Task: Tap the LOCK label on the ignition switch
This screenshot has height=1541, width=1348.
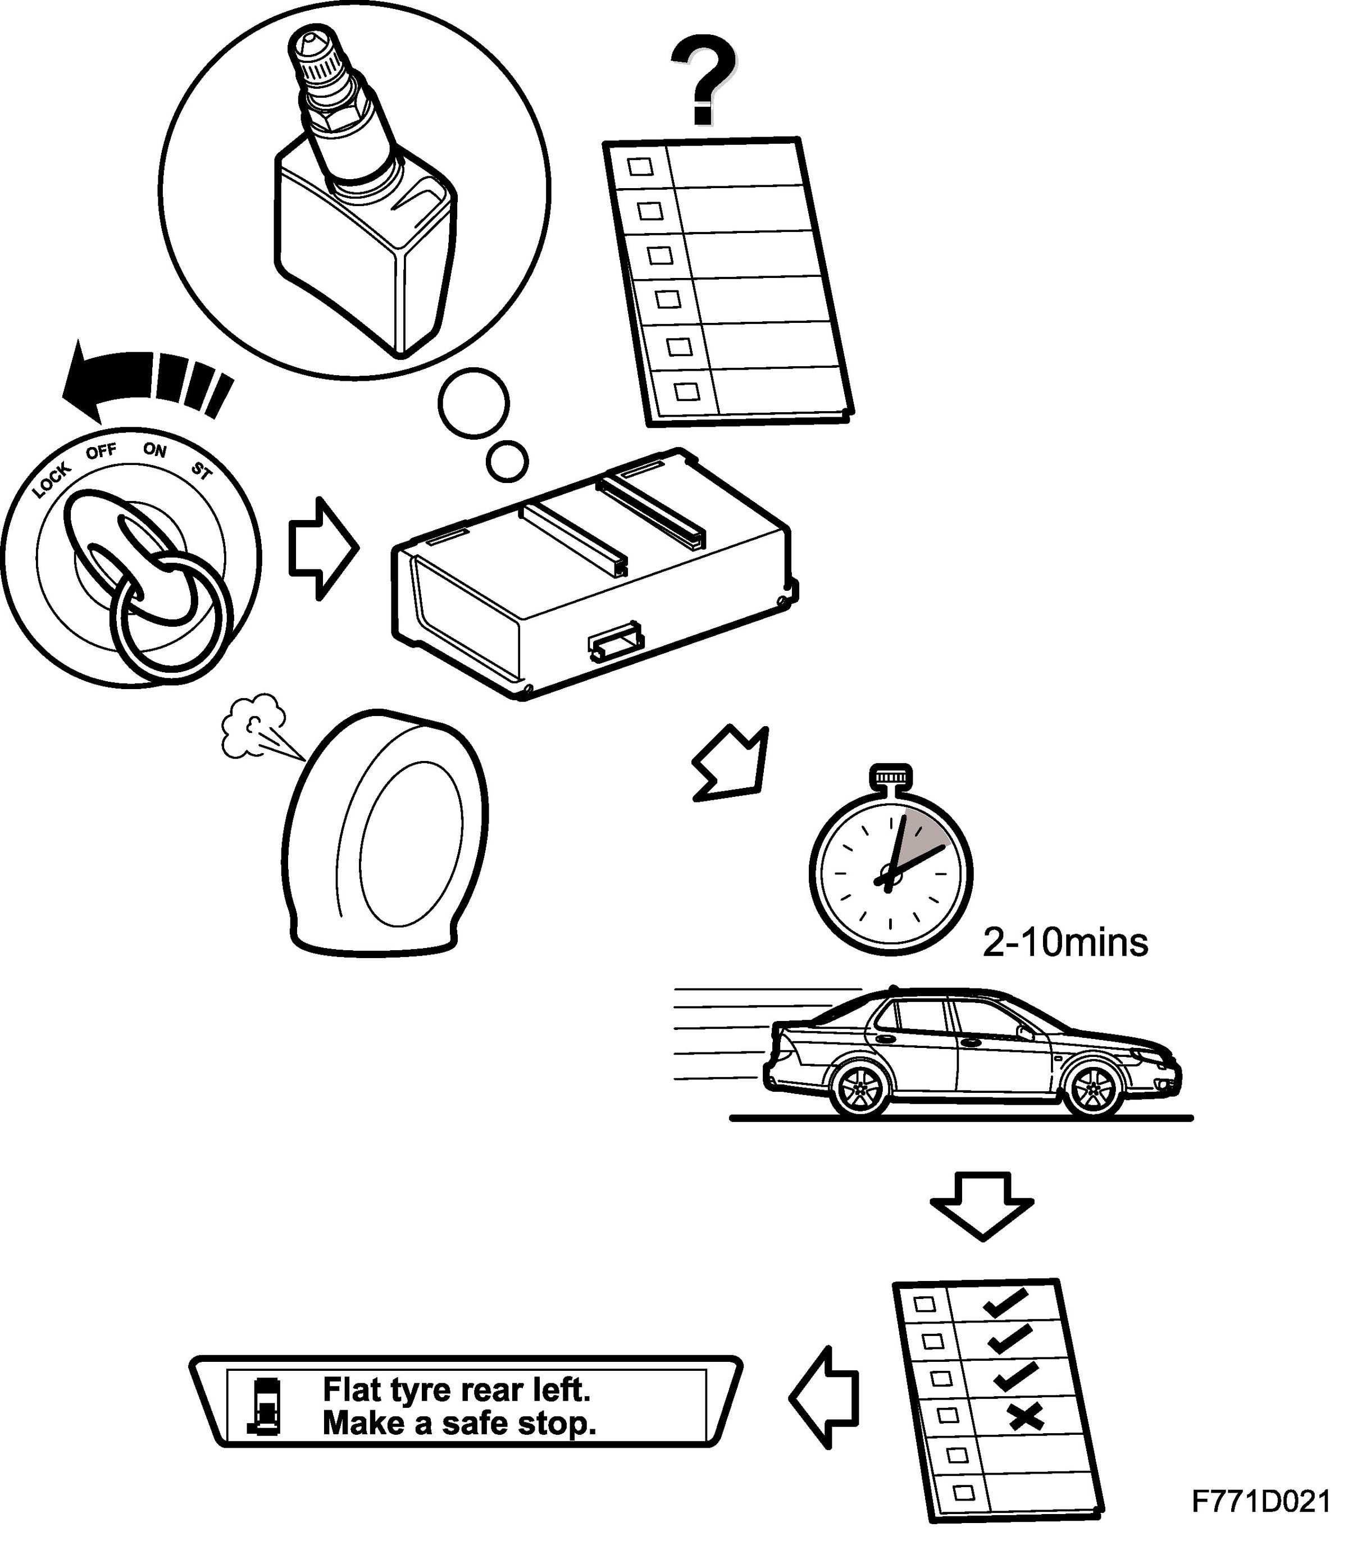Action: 51,479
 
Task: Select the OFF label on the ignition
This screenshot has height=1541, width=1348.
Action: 101,452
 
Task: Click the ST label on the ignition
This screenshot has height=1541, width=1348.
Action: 202,472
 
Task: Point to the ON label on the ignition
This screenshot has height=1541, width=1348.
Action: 155,450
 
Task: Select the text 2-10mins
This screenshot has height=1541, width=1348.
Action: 1065,943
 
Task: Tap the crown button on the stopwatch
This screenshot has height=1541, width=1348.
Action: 891,776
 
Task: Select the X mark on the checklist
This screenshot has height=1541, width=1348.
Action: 1026,1417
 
